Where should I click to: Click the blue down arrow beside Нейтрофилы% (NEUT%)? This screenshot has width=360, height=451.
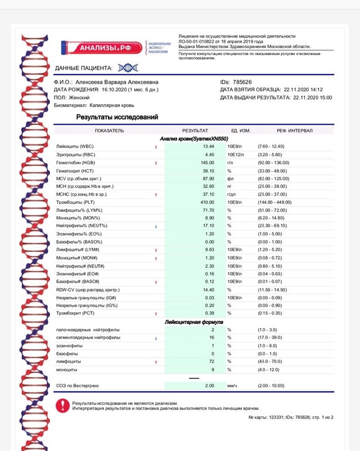pos(156,226)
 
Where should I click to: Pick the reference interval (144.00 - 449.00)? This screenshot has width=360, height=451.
pos(274,202)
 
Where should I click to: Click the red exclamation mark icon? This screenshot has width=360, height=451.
pos(62,405)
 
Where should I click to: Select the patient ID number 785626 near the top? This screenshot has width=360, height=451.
pos(242,82)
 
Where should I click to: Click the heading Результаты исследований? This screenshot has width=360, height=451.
pos(117,117)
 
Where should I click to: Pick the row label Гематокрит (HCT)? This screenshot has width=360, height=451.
pos(74,170)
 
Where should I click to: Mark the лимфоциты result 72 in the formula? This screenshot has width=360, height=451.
pos(212,362)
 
